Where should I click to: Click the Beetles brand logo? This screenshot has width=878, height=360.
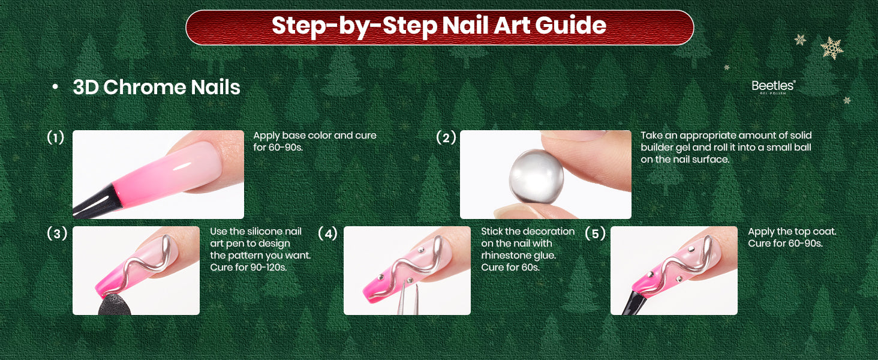[773, 87]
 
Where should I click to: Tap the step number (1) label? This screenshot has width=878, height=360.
[55, 137]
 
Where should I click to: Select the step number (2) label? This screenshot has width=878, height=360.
[446, 137]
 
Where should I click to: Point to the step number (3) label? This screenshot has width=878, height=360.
[57, 234]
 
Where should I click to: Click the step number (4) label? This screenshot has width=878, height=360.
[327, 234]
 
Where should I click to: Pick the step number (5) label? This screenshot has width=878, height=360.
[595, 234]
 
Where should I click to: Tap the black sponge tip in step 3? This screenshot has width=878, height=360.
[115, 305]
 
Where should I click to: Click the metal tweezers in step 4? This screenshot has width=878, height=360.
[408, 299]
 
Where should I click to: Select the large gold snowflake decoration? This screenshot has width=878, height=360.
[832, 48]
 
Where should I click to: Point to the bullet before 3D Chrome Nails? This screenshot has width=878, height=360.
[55, 87]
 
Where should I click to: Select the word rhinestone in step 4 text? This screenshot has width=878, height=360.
[504, 255]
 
